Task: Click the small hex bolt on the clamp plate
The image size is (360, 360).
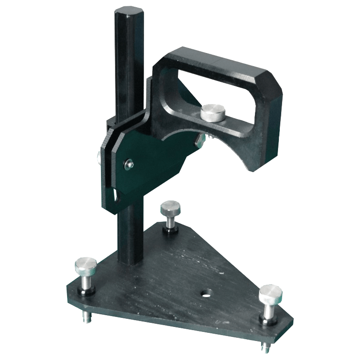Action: click(130, 163)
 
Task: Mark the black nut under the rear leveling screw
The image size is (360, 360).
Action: click(169, 231)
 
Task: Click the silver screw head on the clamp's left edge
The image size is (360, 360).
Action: click(99, 157)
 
